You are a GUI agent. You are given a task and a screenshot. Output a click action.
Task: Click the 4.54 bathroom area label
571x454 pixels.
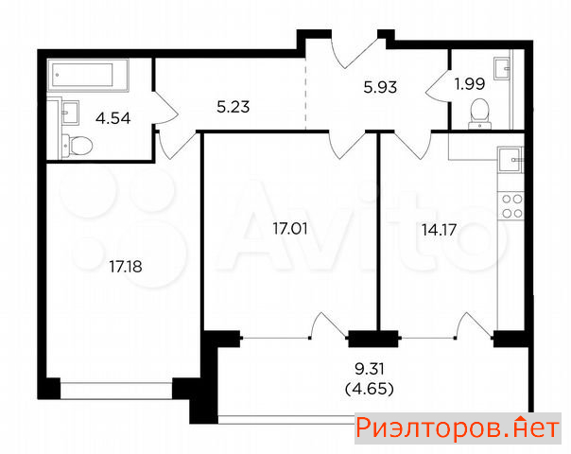[112, 119]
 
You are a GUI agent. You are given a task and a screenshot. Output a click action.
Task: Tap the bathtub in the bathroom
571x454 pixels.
[88, 75]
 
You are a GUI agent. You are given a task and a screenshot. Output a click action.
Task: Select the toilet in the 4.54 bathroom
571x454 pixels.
[77, 146]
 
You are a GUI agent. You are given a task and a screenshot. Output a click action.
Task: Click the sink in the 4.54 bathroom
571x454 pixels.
[70, 113]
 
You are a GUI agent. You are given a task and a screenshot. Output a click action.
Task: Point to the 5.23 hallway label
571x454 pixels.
[234, 107]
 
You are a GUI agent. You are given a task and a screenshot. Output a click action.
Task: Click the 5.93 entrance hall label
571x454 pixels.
[380, 87]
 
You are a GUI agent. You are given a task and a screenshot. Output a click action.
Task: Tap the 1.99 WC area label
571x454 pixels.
[470, 84]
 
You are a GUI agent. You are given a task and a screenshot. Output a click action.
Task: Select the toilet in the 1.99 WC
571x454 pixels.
[479, 113]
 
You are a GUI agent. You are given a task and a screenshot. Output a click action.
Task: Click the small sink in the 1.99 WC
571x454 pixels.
[502, 68]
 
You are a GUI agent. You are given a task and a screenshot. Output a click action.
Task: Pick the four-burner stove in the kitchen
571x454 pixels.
[511, 206]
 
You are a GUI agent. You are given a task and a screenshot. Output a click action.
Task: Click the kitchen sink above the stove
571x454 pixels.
[510, 160]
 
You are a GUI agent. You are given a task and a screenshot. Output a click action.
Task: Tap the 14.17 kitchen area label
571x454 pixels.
[439, 230]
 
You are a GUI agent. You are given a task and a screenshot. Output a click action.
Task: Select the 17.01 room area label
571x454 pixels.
[290, 229]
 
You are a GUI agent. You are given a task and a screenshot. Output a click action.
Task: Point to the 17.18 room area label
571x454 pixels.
[126, 267]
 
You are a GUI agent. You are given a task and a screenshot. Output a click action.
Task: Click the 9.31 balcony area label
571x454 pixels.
[370, 370]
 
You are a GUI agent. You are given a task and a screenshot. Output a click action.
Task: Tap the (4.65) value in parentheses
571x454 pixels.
[370, 390]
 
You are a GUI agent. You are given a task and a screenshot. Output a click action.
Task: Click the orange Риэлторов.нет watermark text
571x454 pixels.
[458, 428]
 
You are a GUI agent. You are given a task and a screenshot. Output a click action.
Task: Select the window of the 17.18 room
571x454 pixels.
[116, 391]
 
